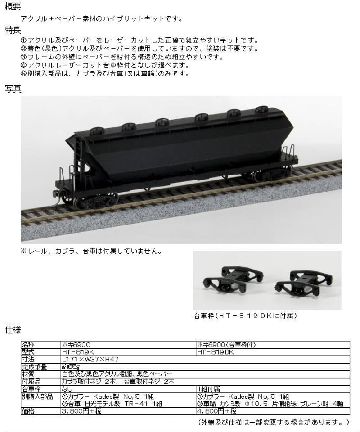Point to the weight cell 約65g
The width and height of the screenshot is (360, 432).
pos(72,366)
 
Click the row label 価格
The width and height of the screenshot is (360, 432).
pos(28,411)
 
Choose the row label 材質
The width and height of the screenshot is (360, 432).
pos(28,373)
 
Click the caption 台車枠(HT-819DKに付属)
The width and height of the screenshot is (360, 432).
pos(245,315)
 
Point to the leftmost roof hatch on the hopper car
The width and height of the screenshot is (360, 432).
pos(97,130)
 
